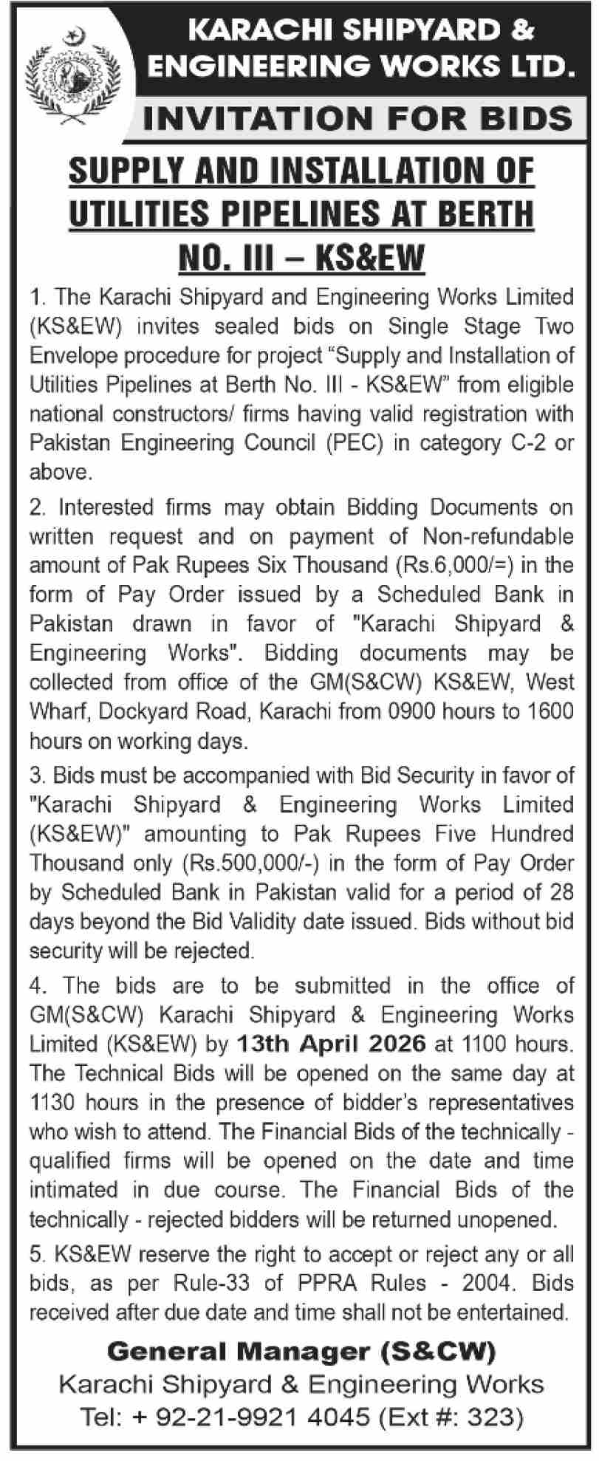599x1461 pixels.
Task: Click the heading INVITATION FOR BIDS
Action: (357, 118)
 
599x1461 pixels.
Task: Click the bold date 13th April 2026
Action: (332, 1043)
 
